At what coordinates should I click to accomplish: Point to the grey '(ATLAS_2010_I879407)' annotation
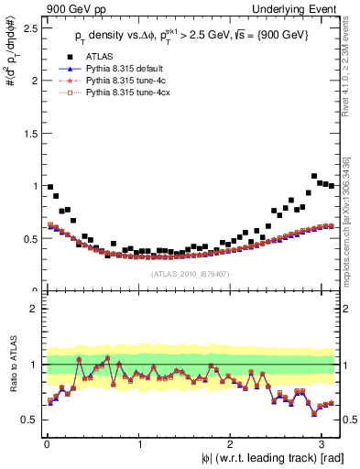point(191,273)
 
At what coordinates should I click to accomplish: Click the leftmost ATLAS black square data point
point(49,186)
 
